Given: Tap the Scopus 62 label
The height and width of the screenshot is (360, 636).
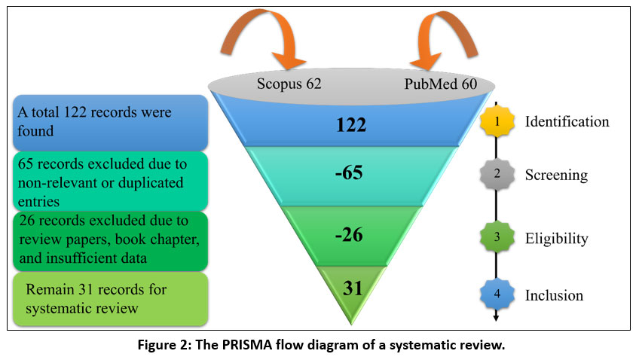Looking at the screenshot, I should click(x=288, y=84).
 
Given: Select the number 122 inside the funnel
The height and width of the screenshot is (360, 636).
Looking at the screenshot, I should click(x=352, y=125).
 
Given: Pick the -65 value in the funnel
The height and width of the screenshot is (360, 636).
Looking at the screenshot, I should click(x=349, y=173).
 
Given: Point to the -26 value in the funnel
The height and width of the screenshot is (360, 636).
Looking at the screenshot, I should click(x=348, y=235).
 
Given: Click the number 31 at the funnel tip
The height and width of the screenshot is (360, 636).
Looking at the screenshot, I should click(x=350, y=288).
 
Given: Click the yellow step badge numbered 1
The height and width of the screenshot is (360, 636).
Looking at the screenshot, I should click(x=497, y=121).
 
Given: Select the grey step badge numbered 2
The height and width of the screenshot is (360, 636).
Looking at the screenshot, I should click(x=497, y=174).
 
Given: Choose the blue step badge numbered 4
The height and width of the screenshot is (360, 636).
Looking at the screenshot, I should click(x=497, y=294).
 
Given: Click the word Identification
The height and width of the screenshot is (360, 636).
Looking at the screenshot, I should click(x=567, y=121).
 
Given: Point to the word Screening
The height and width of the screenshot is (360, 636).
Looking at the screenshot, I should click(x=555, y=174).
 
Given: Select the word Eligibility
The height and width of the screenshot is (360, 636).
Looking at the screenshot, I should click(x=556, y=239).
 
